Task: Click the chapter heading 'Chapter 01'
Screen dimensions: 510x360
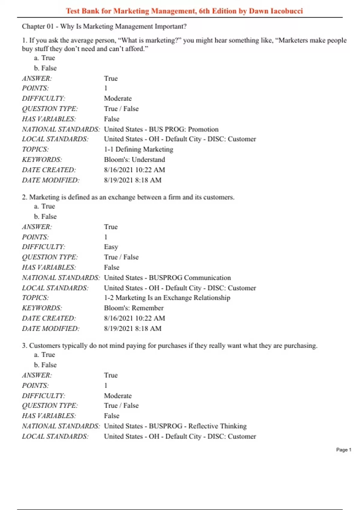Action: (x=37, y=26)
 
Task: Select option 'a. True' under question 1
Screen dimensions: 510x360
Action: (x=44, y=58)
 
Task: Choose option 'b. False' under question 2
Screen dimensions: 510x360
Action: (x=45, y=217)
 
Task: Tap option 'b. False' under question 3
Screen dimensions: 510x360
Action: (x=45, y=365)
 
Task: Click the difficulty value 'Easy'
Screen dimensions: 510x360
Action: (x=111, y=247)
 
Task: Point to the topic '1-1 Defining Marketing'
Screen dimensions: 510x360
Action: (x=139, y=149)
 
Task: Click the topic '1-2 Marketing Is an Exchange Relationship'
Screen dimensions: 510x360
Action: (x=167, y=298)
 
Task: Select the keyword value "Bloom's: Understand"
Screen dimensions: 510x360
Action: (x=134, y=160)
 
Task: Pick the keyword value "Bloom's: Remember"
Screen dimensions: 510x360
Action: (x=134, y=308)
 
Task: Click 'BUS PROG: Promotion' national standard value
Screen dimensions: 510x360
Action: (x=184, y=129)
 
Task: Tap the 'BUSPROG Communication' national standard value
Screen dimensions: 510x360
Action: (x=190, y=278)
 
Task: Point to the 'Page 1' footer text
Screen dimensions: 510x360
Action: (x=343, y=450)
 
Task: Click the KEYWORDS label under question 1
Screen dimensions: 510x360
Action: (x=42, y=160)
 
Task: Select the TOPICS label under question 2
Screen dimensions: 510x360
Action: (x=35, y=298)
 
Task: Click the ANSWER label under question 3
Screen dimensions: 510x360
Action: (x=37, y=375)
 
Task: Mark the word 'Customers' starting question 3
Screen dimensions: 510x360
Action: (x=44, y=346)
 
